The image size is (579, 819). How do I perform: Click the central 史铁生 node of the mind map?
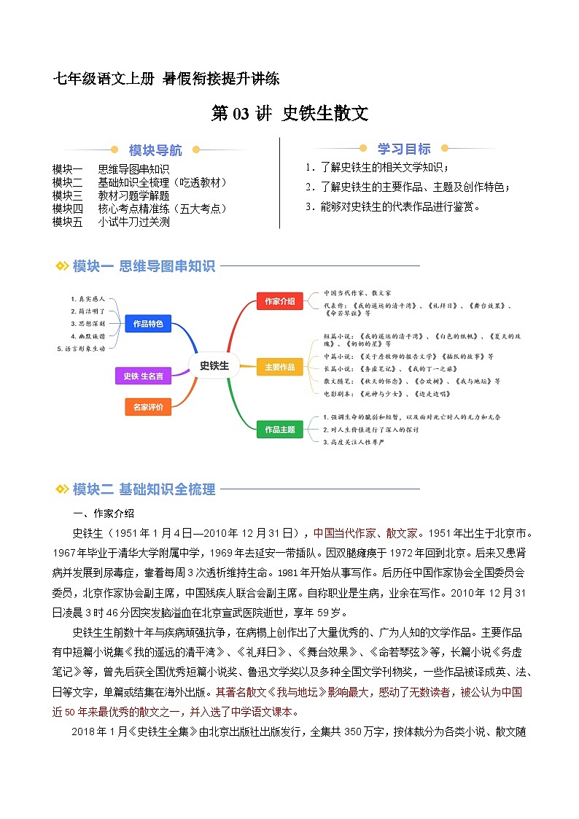point(214,365)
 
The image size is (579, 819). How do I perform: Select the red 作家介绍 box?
point(279,301)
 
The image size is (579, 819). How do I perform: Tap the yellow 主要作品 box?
point(279,367)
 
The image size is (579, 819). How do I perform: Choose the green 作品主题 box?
point(279,430)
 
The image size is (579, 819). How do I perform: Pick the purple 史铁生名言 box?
point(143,376)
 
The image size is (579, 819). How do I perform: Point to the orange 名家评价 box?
point(148,406)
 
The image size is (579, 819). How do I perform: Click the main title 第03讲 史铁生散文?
point(289,114)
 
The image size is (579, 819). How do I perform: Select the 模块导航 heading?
point(155,151)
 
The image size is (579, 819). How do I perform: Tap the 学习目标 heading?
point(403,149)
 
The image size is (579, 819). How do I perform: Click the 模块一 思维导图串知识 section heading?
point(143,266)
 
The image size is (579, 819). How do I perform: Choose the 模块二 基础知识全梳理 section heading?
point(143,489)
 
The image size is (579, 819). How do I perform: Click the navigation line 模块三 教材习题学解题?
point(111,195)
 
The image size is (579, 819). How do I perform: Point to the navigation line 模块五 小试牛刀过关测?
point(111,222)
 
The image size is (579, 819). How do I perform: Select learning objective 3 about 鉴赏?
point(394,206)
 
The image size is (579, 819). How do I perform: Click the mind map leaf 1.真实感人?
point(88,298)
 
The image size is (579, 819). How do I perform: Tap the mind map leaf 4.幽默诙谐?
point(88,336)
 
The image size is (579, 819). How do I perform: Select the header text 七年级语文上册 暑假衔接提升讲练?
point(166,79)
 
